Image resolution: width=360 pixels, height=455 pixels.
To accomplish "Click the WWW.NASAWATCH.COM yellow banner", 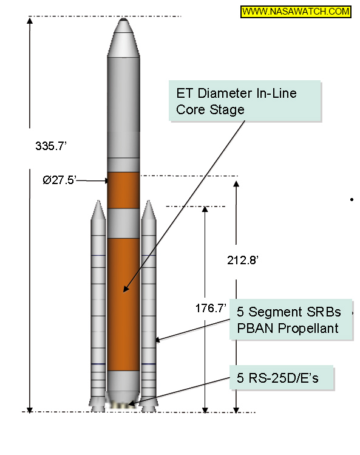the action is coord(296,12).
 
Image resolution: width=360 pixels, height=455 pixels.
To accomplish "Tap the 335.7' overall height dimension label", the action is coord(51,146).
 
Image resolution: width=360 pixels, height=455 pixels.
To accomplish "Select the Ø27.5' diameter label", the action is coord(59,180).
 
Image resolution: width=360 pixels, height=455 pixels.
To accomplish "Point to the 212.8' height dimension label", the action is coord(242,260).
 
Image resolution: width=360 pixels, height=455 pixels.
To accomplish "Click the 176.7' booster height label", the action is coord(211,308).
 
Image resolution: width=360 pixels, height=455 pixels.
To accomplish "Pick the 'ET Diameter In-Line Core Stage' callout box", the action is coord(245,101).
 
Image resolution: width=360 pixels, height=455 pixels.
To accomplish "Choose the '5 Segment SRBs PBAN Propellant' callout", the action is coord(291,319).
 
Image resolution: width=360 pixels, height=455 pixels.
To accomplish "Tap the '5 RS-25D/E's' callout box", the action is coord(282,377).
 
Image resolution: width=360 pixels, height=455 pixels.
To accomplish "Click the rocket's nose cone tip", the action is coord(124,19).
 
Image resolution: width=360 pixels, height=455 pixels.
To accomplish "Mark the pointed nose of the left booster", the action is coord(98,201).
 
